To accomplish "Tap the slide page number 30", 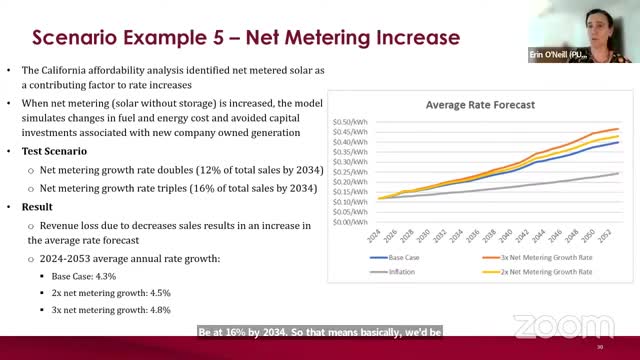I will [x=599, y=346].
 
